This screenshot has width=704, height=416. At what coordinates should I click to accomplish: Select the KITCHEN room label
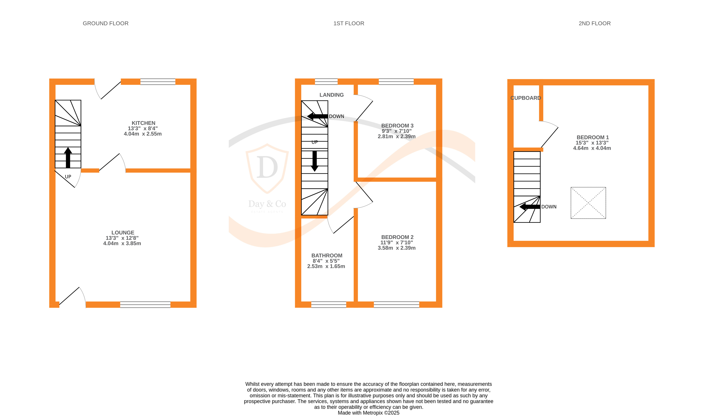click(143, 123)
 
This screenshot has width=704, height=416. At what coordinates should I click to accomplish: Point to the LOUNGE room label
click(122, 233)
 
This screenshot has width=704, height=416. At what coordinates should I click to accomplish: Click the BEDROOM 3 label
click(397, 126)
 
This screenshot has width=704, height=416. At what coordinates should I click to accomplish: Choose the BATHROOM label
click(327, 256)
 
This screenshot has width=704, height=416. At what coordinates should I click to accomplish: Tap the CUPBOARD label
click(525, 98)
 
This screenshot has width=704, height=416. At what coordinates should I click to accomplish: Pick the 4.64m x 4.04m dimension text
click(592, 148)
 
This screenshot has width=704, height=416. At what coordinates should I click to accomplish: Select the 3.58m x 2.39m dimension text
click(396, 248)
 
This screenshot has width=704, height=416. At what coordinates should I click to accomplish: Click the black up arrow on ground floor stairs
click(68, 158)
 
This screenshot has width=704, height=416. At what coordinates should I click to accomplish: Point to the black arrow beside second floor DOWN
click(530, 207)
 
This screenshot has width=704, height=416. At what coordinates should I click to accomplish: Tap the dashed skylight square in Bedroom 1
click(588, 203)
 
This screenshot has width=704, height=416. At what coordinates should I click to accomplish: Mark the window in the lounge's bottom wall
click(145, 305)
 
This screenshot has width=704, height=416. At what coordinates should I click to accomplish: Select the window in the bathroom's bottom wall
click(329, 305)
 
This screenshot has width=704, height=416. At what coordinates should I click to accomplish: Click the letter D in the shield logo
click(267, 167)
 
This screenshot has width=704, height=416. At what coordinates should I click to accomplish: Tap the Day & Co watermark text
click(267, 204)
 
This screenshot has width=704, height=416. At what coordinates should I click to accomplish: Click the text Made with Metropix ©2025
click(368, 413)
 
